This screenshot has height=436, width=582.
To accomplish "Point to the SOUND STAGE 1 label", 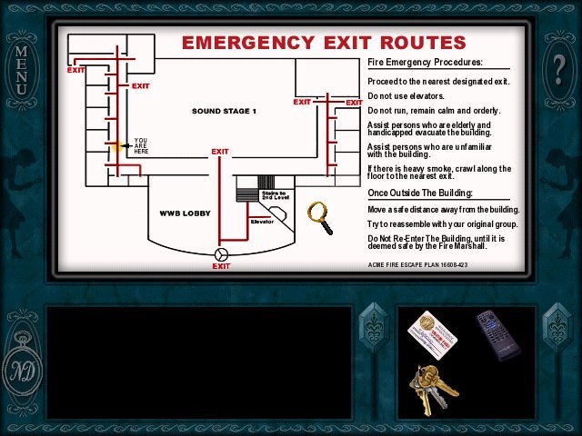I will (224, 111).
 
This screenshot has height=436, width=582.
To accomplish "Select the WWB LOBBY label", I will (185, 213).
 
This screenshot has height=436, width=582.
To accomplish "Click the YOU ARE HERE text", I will (141, 145).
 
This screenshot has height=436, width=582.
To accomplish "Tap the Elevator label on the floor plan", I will (262, 222).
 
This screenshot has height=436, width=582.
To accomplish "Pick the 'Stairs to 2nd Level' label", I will (274, 195).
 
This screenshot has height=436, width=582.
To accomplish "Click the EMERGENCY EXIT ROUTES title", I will (324, 43).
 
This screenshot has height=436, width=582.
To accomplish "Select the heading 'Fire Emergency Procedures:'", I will (425, 63).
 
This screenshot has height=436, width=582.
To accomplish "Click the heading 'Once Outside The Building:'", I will (420, 193).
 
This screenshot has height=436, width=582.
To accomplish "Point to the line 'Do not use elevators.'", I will (406, 96).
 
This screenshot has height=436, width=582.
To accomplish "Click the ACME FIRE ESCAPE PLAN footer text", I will (417, 265).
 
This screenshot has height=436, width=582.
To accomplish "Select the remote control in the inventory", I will (498, 334).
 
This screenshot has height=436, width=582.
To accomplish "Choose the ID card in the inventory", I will (432, 334).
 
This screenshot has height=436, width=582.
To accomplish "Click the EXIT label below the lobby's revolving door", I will (221, 266).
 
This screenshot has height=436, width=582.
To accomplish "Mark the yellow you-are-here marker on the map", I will (116, 145).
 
